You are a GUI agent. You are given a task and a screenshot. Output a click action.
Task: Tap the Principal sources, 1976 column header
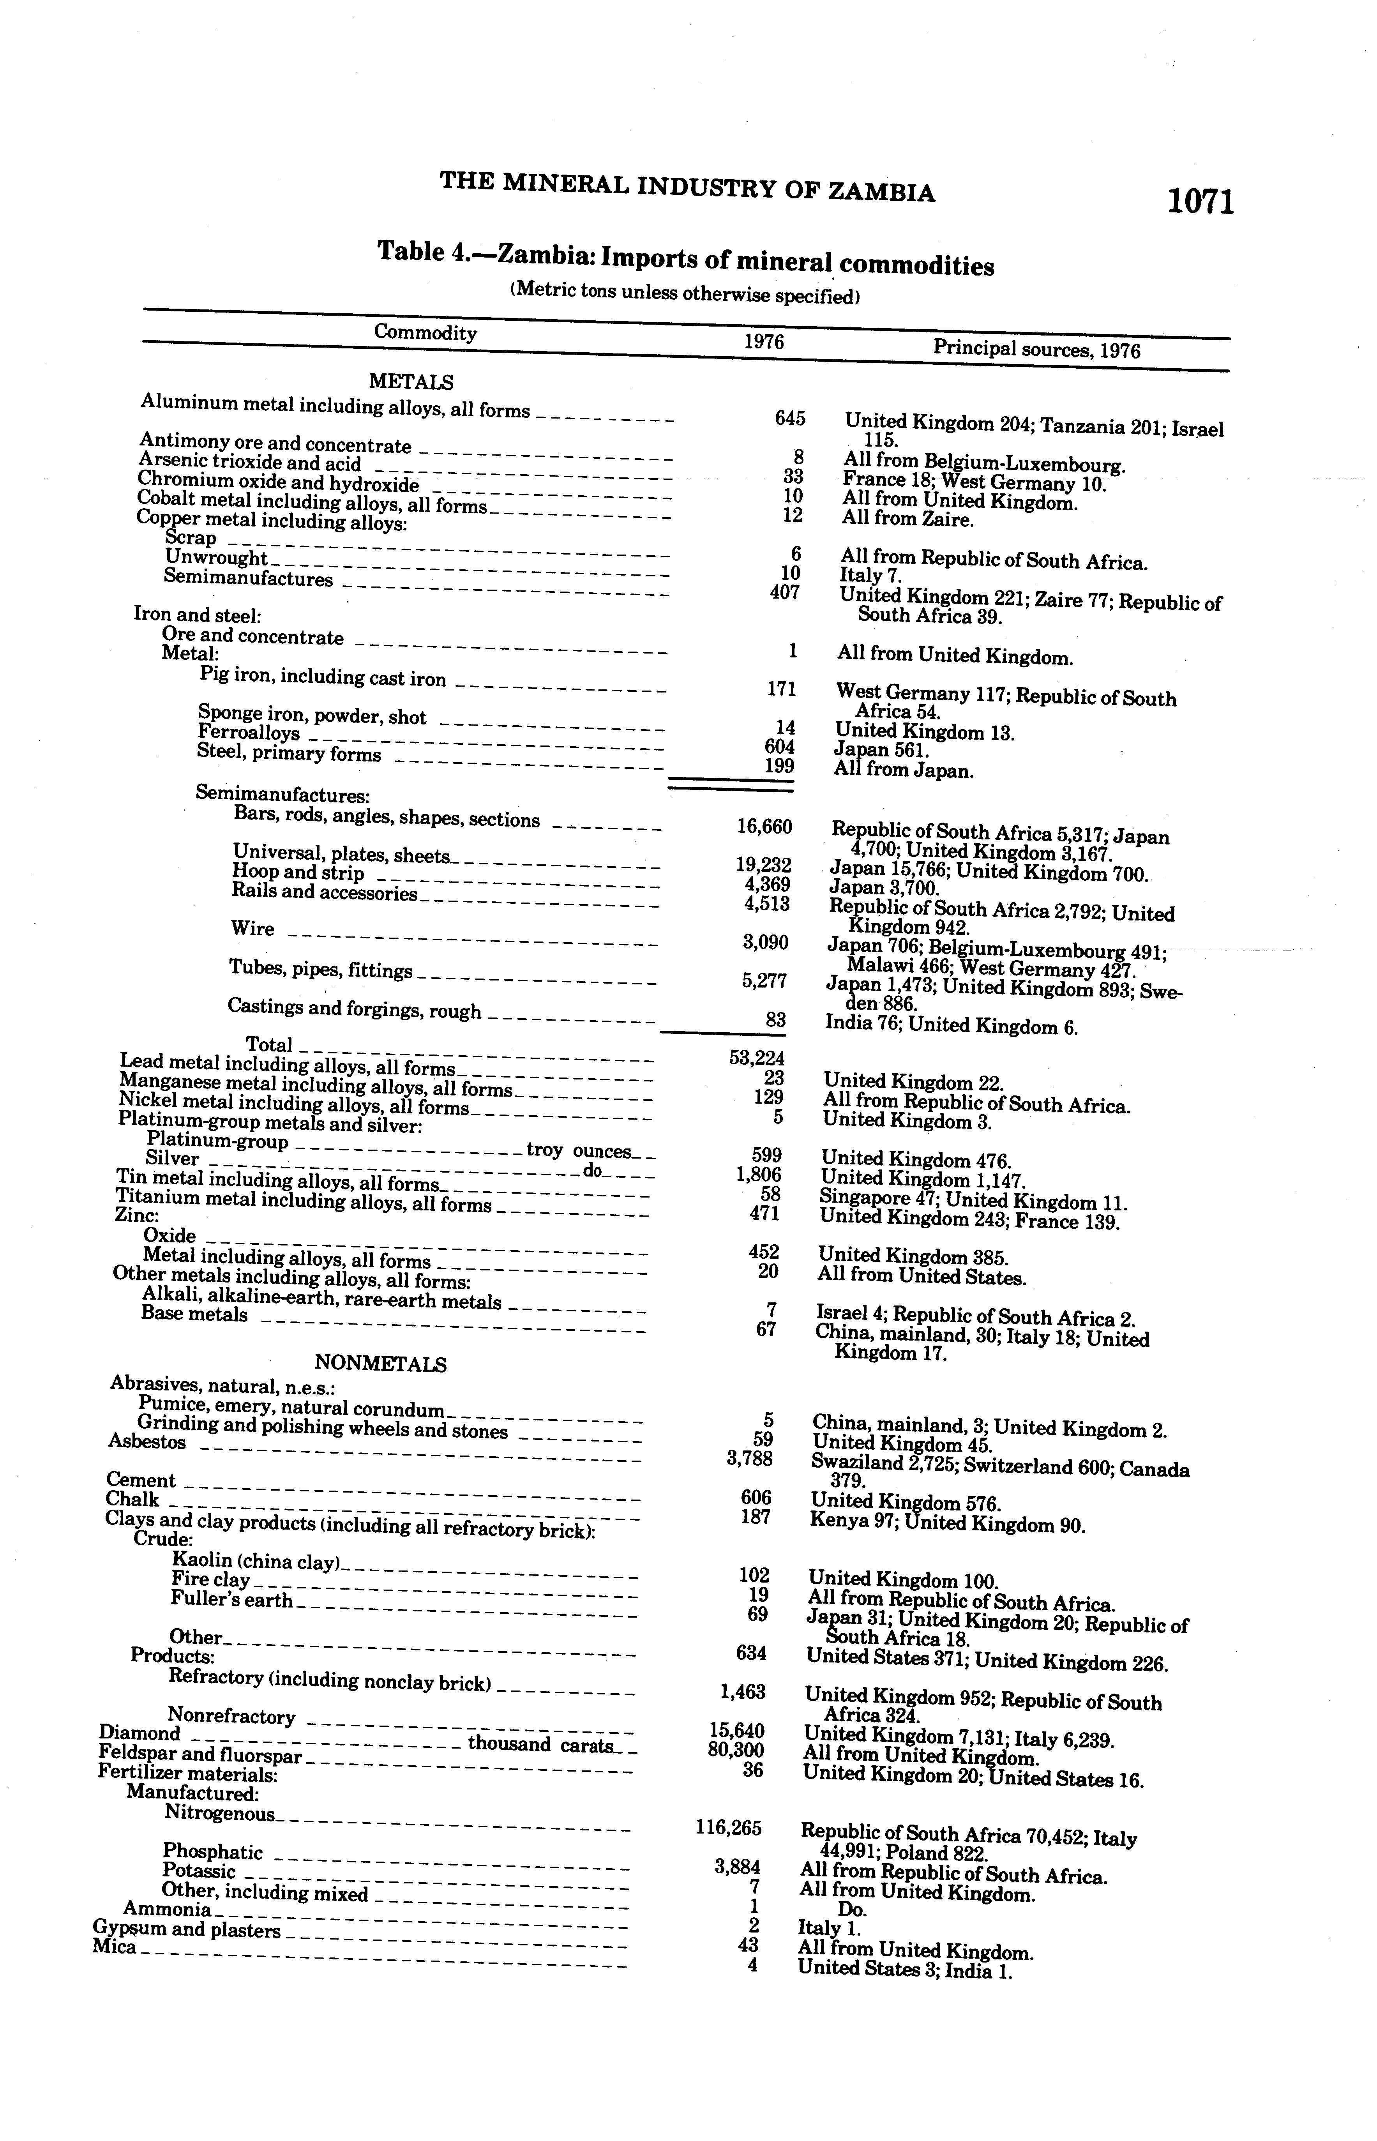click(x=1036, y=348)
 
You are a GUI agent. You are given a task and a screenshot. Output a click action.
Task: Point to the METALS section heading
click(x=411, y=382)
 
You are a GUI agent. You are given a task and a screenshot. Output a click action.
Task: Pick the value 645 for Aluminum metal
click(x=789, y=419)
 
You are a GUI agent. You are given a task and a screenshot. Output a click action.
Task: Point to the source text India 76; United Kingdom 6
click(x=950, y=1025)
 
